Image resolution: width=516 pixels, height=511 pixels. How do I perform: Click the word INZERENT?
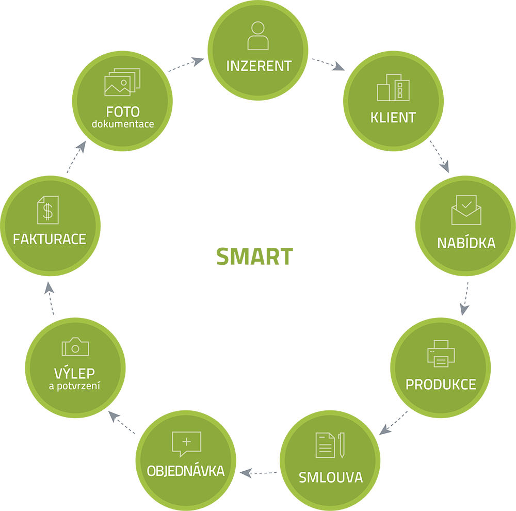coord(259,66)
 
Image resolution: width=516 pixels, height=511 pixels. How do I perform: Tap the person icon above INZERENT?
coord(258,36)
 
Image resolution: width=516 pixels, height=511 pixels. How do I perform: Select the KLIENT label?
coord(393,117)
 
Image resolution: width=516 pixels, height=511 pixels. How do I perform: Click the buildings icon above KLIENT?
coord(393,87)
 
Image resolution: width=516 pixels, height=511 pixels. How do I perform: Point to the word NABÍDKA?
coord(466,243)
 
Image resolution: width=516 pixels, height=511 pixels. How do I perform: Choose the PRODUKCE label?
coord(441,385)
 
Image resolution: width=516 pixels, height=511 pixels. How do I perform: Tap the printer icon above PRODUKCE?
coord(441,354)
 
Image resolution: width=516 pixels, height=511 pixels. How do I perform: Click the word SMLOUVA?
coord(331,477)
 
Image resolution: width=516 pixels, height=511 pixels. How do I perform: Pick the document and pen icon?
coord(330,445)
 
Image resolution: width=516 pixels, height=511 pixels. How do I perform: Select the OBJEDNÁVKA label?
coord(186,471)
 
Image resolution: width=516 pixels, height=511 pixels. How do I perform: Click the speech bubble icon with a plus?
coord(186,443)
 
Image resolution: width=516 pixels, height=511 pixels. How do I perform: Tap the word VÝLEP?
coord(75,373)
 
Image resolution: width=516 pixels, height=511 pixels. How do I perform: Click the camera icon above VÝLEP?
coord(75,347)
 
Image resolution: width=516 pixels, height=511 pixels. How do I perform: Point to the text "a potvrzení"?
coord(74,386)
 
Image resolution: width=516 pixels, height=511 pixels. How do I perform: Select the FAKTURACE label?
coord(50,239)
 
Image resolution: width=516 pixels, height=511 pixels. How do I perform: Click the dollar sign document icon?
coord(48,210)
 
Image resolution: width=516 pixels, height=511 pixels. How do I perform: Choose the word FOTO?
coord(123,112)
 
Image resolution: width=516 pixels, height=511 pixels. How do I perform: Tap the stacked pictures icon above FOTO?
coord(122,82)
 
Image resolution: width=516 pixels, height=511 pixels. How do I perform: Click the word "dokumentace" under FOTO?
coord(123,124)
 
